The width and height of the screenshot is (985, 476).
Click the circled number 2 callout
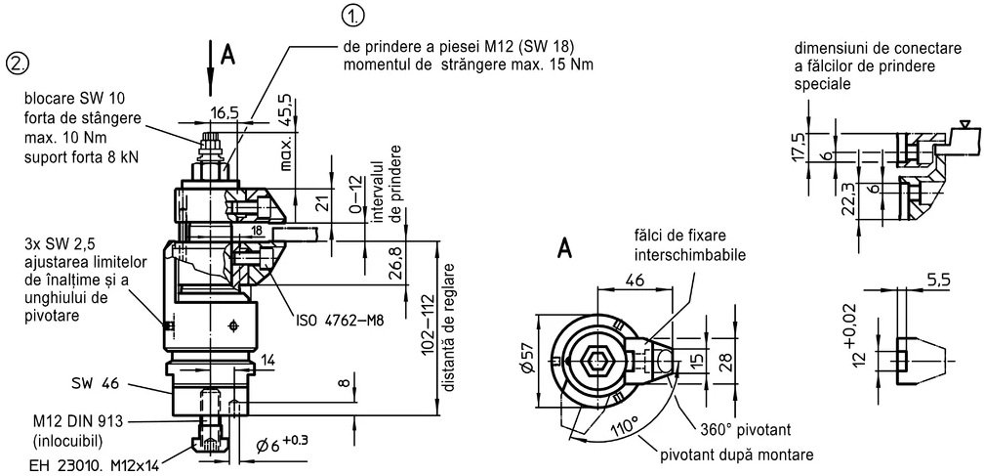(x=18, y=65)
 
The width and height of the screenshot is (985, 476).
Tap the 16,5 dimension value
(x=225, y=113)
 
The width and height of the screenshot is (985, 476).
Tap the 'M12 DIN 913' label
(x=79, y=421)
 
